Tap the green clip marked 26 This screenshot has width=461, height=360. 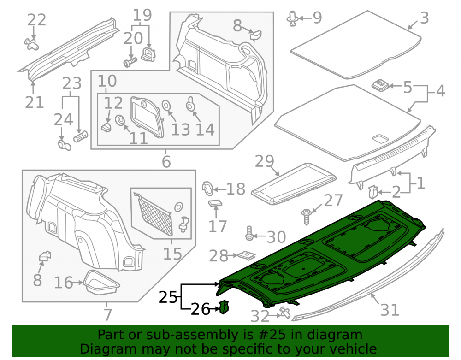tap(224, 307)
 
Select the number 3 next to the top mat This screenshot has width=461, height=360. tap(424, 18)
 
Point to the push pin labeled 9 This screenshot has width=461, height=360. tap(293, 18)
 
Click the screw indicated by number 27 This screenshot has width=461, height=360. tap(307, 216)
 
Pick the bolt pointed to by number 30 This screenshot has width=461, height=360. tap(249, 234)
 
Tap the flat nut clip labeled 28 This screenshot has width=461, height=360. tap(246, 255)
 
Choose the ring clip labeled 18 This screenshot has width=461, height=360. tap(208, 189)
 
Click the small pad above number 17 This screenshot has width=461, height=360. tap(215, 203)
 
